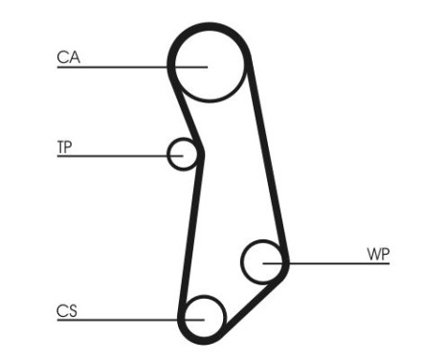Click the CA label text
point(68,57)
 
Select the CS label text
point(67,310)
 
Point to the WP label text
point(378,254)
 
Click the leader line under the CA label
point(115,66)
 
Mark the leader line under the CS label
point(115,319)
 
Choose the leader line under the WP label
point(335,262)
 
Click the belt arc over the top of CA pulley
point(210,26)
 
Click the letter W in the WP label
point(373,254)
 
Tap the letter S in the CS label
point(73,310)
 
